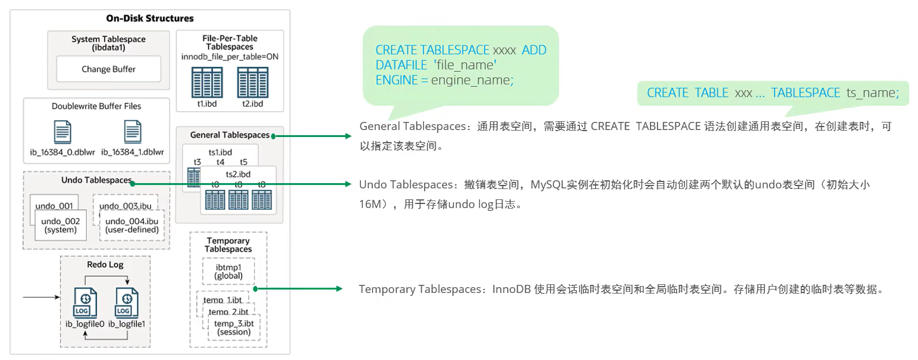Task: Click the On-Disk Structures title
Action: (150, 18)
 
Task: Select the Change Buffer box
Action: (109, 69)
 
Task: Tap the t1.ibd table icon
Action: (207, 83)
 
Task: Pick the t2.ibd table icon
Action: (252, 83)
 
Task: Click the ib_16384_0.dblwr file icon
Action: (62, 132)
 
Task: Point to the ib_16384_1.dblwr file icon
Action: (133, 132)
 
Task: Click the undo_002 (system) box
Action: (61, 225)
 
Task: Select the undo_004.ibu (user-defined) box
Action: (132, 225)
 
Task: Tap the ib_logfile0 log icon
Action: (85, 303)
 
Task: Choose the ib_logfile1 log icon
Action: (127, 303)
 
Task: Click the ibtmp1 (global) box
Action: (228, 272)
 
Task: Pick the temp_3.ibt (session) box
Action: (234, 328)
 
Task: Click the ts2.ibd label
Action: (238, 174)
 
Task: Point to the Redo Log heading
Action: (105, 265)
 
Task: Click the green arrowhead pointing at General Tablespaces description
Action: (348, 136)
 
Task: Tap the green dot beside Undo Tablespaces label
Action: (133, 184)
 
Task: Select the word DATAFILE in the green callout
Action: (401, 65)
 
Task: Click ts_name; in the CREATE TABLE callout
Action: (872, 93)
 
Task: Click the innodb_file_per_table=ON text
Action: (230, 57)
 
